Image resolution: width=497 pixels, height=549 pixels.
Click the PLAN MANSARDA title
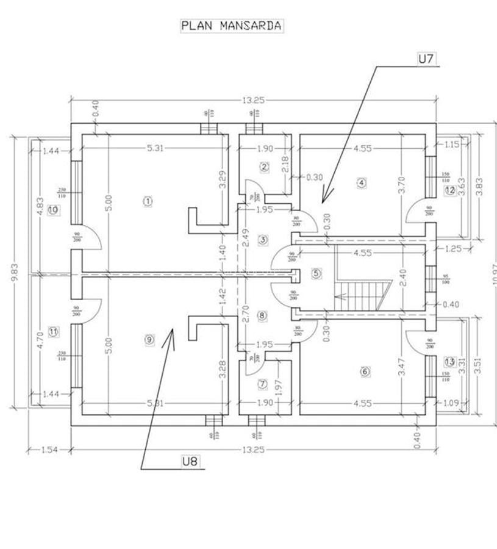pyautogui.click(x=231, y=26)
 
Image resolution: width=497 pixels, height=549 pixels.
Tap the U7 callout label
pyautogui.click(x=425, y=59)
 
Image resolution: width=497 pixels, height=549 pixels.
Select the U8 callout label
pyautogui.click(x=190, y=462)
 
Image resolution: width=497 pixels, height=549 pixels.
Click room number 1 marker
pyautogui.click(x=146, y=200)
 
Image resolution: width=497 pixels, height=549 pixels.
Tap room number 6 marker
pyautogui.click(x=365, y=371)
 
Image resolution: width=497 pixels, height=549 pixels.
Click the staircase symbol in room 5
pyautogui.click(x=361, y=294)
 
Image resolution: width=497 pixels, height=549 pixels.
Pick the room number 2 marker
pyautogui.click(x=263, y=167)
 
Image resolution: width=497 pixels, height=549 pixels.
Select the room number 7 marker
pyautogui.click(x=262, y=384)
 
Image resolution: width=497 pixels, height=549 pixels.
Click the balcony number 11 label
pyautogui.click(x=52, y=332)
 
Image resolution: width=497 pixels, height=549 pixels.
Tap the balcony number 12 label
pyautogui.click(x=450, y=190)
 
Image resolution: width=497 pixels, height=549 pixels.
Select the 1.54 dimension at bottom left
pyautogui.click(x=49, y=450)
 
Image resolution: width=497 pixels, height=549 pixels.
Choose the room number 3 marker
pyautogui.click(x=262, y=240)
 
